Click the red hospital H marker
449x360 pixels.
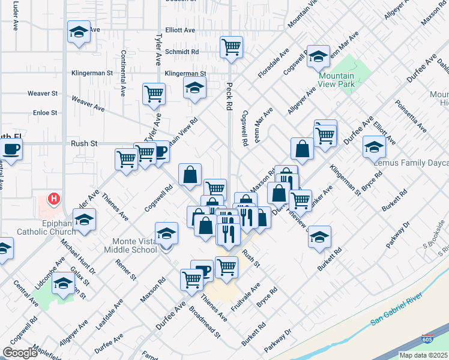55,199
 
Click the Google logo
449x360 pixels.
20,353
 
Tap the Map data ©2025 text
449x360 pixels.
424,355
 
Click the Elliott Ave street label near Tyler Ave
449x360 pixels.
181,30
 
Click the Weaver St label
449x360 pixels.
43,94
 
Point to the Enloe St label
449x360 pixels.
45,112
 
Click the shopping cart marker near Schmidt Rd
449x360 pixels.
231,47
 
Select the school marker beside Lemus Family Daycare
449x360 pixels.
374,146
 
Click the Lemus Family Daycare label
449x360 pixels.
411,163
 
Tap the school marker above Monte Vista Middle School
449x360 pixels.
166,233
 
